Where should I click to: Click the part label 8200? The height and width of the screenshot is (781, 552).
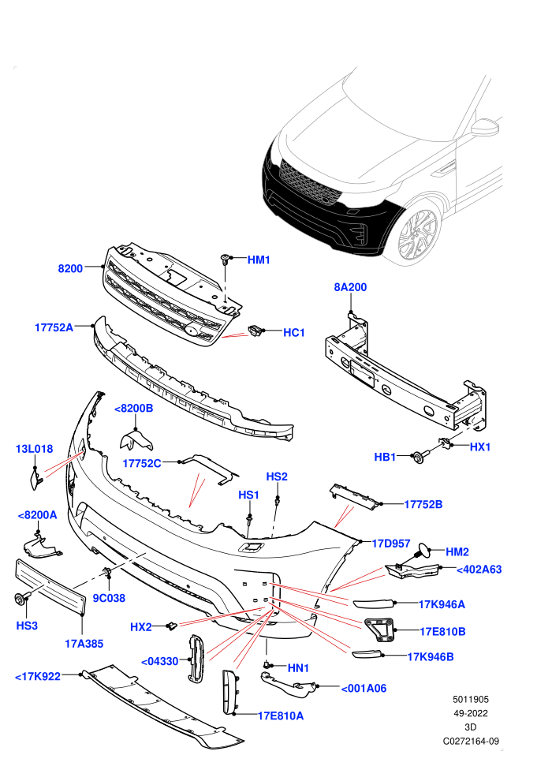coord(70,268)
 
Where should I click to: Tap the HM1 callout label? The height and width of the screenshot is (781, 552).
coord(259,260)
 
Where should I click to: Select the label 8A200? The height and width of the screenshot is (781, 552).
coord(350,287)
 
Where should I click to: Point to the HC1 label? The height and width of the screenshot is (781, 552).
coord(293,332)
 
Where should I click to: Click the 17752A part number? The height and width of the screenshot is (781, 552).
coord(54,327)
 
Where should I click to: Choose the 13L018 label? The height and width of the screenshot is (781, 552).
coord(34,449)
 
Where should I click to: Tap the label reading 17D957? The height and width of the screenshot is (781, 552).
coord(391,544)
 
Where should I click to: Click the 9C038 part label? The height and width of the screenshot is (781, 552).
coord(109,598)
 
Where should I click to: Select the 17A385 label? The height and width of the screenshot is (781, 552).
coord(84,644)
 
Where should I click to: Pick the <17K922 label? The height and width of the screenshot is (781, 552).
coord(38,676)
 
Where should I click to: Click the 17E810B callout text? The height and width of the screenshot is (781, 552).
coord(442,632)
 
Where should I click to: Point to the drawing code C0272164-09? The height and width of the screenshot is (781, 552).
coord(471,741)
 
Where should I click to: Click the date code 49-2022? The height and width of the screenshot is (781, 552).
coord(470,713)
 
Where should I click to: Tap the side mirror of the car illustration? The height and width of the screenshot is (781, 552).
coord(485,128)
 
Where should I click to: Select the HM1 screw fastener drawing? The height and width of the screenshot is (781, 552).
coord(226,259)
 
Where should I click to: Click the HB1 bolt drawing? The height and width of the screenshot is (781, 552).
coord(419,458)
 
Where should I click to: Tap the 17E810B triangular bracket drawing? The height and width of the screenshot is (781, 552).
coord(380,631)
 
